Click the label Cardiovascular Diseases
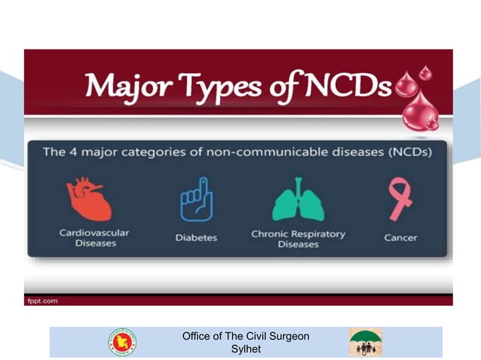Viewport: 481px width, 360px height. pyautogui.click(x=94, y=238)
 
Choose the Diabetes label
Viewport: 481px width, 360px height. pyautogui.click(x=196, y=237)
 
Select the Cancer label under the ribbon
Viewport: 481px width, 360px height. pyautogui.click(x=400, y=237)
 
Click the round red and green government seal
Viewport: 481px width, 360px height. pyautogui.click(x=122, y=342)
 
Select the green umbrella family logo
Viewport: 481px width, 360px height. pyautogui.click(x=364, y=342)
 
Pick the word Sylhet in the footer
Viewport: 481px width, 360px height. pyautogui.click(x=246, y=349)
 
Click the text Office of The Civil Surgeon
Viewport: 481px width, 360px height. pyautogui.click(x=246, y=336)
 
